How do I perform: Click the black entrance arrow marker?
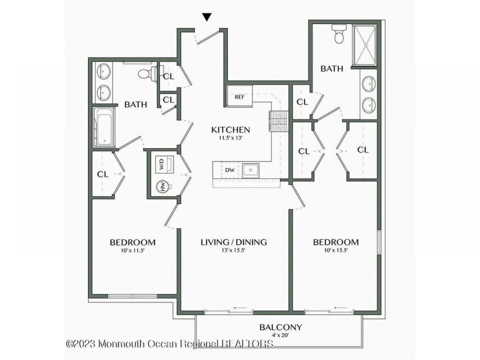pyautogui.click(x=207, y=17)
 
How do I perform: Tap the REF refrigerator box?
pyautogui.click(x=240, y=96)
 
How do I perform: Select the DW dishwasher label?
pyautogui.click(x=230, y=170)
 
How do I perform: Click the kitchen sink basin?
pyautogui.click(x=251, y=170)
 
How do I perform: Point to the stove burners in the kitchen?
pyautogui.click(x=278, y=121)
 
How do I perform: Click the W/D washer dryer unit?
pyautogui.click(x=164, y=164)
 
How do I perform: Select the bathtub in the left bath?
pyautogui.click(x=104, y=127)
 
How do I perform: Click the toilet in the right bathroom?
pyautogui.click(x=339, y=34)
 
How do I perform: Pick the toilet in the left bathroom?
pyautogui.click(x=148, y=74)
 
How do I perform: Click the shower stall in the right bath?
pyautogui.click(x=364, y=45)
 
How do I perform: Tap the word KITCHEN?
pyautogui.click(x=230, y=130)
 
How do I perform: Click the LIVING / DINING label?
pyautogui.click(x=234, y=242)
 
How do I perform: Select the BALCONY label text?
pyautogui.click(x=281, y=327)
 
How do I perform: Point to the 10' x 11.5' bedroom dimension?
pyautogui.click(x=132, y=250)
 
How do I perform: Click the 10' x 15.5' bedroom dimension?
pyautogui.click(x=336, y=250)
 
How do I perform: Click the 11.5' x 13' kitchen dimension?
pyautogui.click(x=231, y=138)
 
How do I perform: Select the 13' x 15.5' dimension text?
pyautogui.click(x=233, y=250)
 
